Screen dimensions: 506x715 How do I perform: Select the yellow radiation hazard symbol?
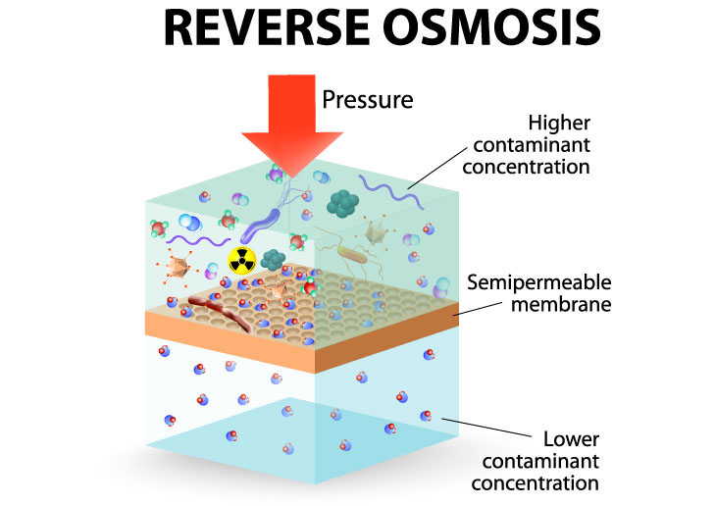[241, 260]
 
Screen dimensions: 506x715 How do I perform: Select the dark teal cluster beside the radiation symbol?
[273, 258]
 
